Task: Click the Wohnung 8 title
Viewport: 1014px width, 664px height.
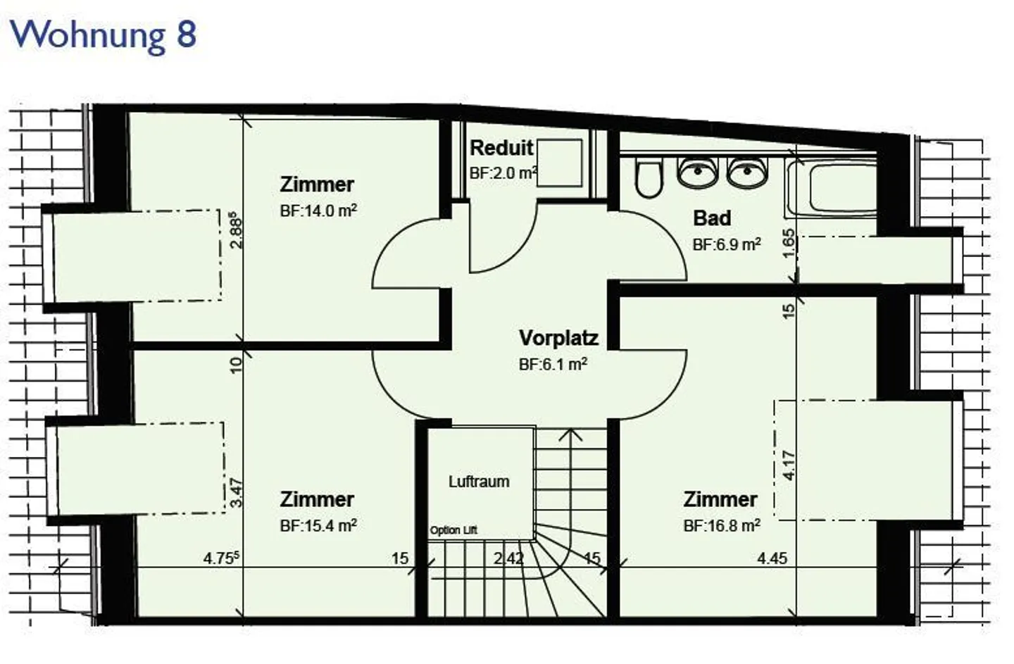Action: tap(104, 35)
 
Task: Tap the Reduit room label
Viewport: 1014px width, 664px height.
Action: tap(501, 149)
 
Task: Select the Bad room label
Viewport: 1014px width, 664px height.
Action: tap(712, 218)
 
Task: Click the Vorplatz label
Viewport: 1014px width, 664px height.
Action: tap(558, 338)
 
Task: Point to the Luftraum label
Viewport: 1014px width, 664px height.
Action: tap(479, 482)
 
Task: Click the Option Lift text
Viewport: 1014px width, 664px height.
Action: tap(453, 530)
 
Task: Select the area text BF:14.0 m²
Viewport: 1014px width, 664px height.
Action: tap(318, 211)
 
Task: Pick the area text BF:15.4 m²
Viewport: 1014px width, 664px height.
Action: tap(318, 525)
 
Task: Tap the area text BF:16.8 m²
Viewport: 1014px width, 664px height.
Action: tap(722, 525)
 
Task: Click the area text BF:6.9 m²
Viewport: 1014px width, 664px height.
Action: tap(727, 244)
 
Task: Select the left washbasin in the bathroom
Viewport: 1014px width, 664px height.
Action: tap(697, 173)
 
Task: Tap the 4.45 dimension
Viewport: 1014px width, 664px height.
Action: tap(772, 558)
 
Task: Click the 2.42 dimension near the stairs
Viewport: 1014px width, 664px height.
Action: tap(508, 558)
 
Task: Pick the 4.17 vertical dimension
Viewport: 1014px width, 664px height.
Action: tap(789, 465)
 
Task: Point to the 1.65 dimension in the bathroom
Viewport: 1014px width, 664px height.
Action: tap(789, 242)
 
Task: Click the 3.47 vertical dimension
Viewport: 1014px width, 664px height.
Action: tap(237, 492)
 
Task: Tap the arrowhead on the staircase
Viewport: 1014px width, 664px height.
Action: tap(570, 434)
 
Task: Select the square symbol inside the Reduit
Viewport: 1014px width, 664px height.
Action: tap(561, 163)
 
